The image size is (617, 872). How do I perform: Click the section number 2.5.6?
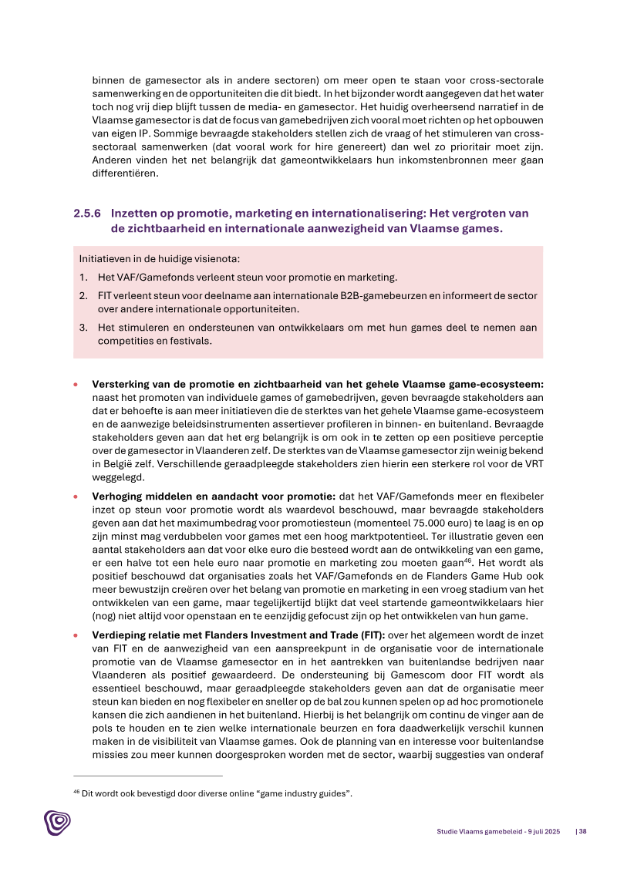click(x=88, y=213)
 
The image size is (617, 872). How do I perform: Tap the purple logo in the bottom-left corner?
click(x=57, y=823)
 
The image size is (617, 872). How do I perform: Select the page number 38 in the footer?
click(x=584, y=831)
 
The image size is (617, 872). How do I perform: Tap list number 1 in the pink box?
click(x=83, y=278)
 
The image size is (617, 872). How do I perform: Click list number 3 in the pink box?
click(x=83, y=328)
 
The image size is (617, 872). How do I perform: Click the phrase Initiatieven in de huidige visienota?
click(x=164, y=259)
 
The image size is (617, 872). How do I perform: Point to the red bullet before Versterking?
click(x=76, y=382)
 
